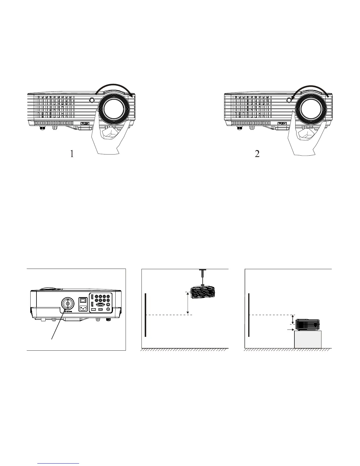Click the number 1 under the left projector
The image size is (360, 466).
(x=72, y=154)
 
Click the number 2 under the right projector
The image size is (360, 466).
(x=257, y=154)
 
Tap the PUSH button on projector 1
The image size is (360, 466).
(x=85, y=123)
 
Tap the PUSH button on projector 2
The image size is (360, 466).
(x=282, y=123)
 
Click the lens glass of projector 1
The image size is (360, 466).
(x=113, y=108)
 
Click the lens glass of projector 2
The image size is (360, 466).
(x=310, y=108)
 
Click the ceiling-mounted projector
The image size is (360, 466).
(x=203, y=292)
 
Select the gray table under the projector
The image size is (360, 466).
(x=308, y=339)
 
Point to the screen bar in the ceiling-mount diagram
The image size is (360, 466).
(x=146, y=315)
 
